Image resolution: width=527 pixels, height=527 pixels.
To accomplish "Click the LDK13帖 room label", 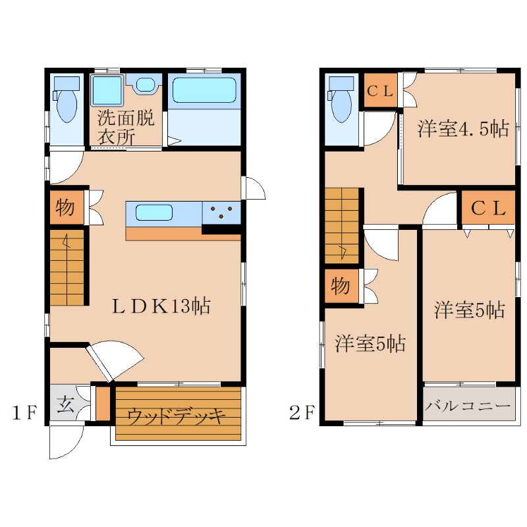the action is [x=161, y=306].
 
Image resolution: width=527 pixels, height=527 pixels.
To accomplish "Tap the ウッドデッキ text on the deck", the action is [x=176, y=417].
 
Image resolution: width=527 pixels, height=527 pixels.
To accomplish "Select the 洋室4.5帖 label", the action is [x=463, y=128].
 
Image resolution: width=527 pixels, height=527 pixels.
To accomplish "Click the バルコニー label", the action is [x=468, y=406].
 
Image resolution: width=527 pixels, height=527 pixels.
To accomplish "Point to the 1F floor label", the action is [x=24, y=412].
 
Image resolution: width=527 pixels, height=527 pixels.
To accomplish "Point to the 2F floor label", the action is [x=302, y=412].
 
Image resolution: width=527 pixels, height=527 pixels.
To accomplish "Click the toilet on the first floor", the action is [x=67, y=99].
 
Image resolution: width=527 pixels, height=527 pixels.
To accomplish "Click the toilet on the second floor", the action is [x=341, y=99].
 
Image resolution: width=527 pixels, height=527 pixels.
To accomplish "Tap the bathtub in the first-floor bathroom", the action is [x=204, y=90].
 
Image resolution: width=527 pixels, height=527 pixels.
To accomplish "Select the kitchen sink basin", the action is [x=154, y=212].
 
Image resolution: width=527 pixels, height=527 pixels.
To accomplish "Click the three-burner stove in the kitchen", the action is [x=221, y=212].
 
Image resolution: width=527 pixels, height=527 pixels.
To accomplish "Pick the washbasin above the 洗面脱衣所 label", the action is [x=145, y=84].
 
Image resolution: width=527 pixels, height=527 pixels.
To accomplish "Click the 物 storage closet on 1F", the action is [x=67, y=208].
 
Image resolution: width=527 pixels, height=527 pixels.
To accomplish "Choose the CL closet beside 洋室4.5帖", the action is [x=381, y=90].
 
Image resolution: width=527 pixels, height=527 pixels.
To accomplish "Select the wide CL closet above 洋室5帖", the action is [x=488, y=208].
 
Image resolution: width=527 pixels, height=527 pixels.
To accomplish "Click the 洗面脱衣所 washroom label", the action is [x=126, y=127].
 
